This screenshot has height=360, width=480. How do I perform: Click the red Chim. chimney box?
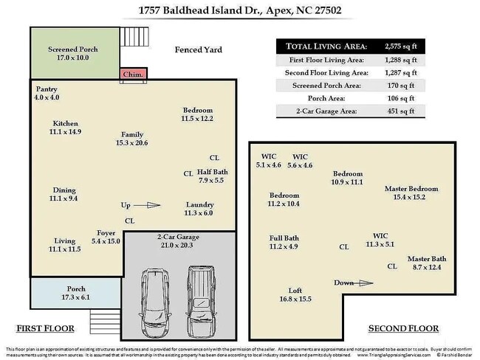pyautogui.click(x=133, y=75)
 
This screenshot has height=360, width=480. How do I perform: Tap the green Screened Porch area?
pyautogui.click(x=72, y=54)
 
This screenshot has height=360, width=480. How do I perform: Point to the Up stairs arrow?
pyautogui.click(x=148, y=206)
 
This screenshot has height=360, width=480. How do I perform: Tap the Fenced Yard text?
pyautogui.click(x=198, y=50)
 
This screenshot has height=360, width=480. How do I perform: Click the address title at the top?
pyautogui.click(x=240, y=11)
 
